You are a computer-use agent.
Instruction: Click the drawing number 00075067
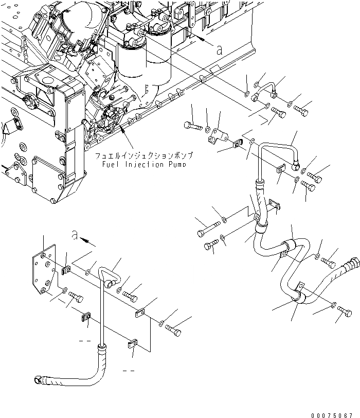click(333, 413)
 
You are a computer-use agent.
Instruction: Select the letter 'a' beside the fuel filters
click(220, 50)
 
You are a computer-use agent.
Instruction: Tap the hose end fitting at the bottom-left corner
click(38, 380)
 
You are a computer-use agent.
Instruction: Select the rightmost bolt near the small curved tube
click(303, 108)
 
